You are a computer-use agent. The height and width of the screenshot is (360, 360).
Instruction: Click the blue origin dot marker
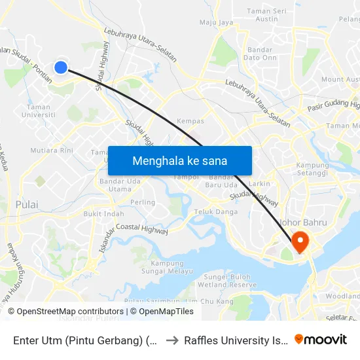tap(60, 67)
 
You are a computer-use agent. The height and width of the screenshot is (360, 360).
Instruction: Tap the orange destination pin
tap(300, 241)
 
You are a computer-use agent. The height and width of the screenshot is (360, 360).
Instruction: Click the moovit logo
tap(321, 339)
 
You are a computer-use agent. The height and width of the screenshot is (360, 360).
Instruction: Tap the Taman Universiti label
tap(39, 111)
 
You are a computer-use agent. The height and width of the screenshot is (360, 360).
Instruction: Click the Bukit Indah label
tap(104, 214)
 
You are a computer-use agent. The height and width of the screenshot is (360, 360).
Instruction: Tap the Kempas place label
tap(191, 121)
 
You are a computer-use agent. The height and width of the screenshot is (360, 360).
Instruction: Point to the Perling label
tap(143, 202)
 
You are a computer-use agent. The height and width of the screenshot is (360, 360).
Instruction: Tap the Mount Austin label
tap(341, 79)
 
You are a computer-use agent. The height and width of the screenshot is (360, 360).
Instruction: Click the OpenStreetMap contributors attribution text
tap(66, 312)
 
